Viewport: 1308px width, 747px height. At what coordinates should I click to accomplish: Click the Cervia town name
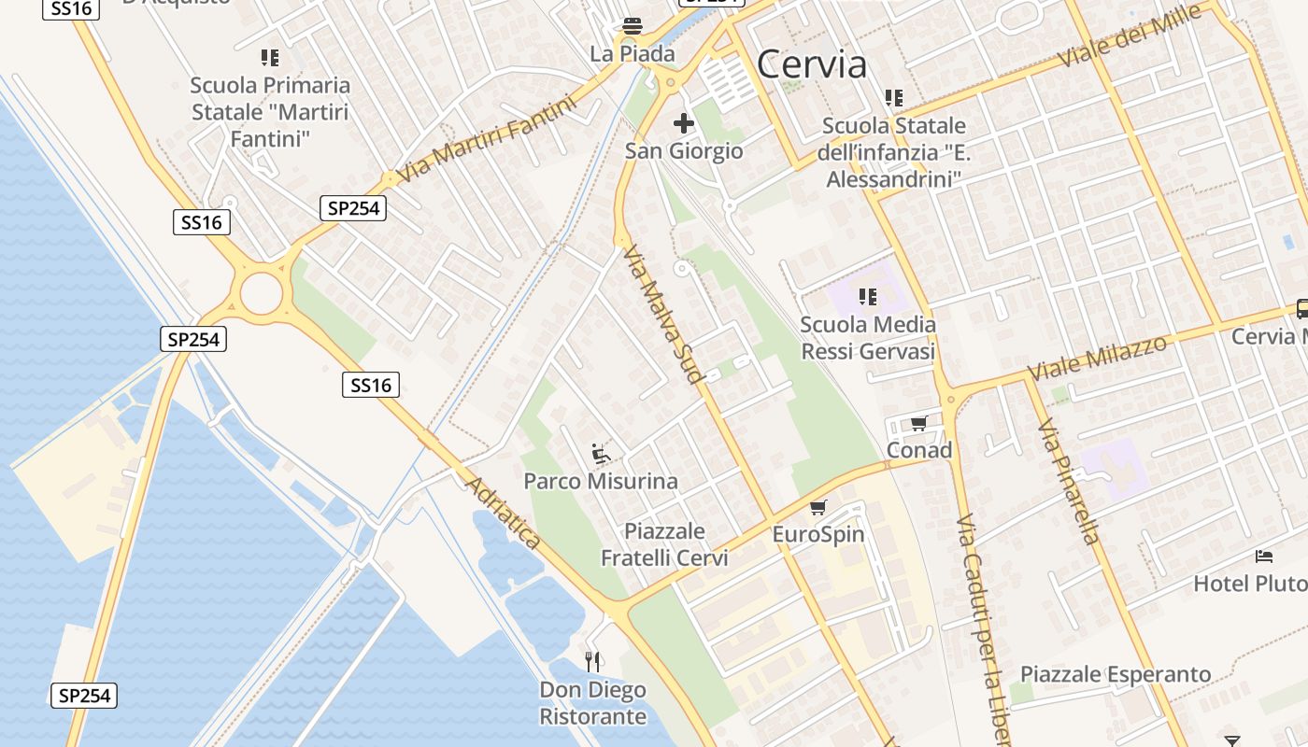(811, 64)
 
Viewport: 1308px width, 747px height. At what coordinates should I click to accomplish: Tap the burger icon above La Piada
(633, 25)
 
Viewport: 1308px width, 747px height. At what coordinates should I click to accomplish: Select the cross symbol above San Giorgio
(684, 122)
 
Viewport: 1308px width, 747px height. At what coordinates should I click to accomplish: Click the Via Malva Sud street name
(661, 316)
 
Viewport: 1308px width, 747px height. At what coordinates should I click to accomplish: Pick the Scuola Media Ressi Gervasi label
(868, 338)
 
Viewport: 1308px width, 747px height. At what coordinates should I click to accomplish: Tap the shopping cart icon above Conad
(918, 424)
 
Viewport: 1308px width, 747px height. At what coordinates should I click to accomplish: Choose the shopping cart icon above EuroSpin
(818, 508)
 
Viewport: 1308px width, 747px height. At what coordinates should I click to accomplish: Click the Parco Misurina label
(601, 481)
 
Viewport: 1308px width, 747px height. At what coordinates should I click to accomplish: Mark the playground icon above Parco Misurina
(601, 455)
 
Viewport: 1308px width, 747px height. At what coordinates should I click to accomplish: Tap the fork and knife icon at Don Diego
(592, 662)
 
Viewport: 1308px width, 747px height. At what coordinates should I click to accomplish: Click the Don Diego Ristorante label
(592, 703)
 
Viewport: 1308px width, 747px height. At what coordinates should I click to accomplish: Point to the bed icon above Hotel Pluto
(1264, 557)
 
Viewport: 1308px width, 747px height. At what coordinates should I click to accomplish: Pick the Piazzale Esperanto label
(1115, 674)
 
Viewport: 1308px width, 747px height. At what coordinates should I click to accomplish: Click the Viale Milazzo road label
(1097, 358)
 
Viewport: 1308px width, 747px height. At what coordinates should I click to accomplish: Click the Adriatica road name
(504, 513)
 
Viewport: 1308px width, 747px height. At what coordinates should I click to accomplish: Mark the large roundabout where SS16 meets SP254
(261, 294)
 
